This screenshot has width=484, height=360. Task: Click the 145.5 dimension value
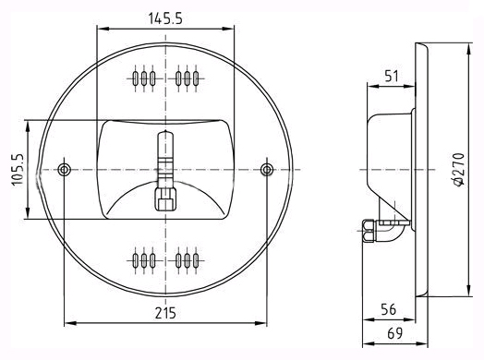165,18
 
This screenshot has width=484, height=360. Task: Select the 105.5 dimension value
18,169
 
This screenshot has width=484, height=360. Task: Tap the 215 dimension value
165,313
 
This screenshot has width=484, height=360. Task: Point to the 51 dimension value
392,76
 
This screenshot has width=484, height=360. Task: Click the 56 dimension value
388,309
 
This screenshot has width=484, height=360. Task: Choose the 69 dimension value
395,333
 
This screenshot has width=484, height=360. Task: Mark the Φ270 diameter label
459,169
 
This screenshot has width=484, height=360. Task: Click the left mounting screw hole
65,169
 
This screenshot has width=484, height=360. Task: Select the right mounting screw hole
267,170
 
